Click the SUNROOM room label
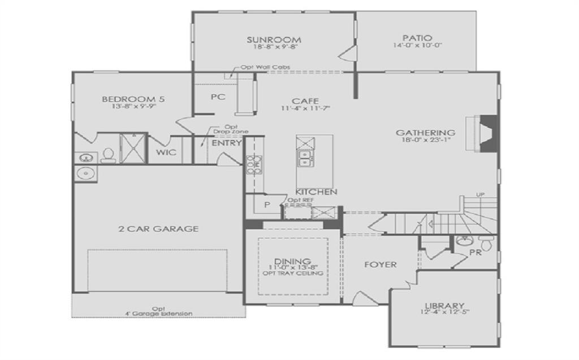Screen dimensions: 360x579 click(x=274, y=40)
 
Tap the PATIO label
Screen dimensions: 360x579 click(x=417, y=38)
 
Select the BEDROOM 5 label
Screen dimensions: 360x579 click(x=133, y=99)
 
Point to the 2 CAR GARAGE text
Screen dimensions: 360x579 click(x=158, y=229)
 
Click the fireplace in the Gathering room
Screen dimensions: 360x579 click(x=483, y=133)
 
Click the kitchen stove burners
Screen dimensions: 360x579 click(x=253, y=163)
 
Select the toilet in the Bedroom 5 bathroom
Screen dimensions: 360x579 click(x=107, y=155)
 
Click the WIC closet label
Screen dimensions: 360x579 click(x=166, y=153)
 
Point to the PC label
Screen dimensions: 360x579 click(x=218, y=97)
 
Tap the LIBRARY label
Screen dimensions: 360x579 click(x=444, y=306)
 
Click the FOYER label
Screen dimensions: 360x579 click(x=380, y=264)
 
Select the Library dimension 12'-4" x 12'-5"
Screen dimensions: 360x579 click(x=444, y=313)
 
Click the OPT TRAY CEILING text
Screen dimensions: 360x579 click(x=293, y=274)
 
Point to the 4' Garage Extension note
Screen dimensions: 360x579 click(x=158, y=314)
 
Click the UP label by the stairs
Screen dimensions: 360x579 click(x=481, y=195)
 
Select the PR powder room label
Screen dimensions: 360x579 click(x=475, y=252)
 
